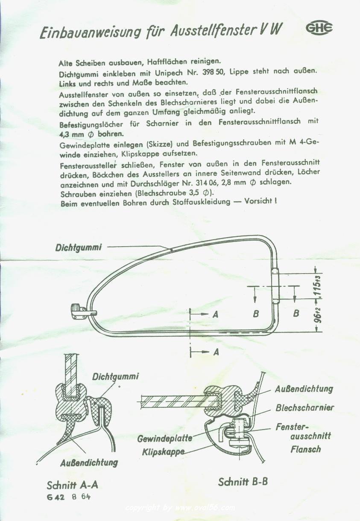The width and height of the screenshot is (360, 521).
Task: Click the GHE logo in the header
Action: coord(319,29)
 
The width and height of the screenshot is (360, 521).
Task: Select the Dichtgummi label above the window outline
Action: coord(78,247)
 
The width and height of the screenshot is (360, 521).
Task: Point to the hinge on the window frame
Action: coord(276,286)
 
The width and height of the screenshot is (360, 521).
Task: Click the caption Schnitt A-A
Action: coord(75,486)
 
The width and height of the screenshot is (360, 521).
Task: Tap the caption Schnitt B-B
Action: coord(243,482)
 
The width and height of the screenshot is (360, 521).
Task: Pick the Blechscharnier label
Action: coord(304,408)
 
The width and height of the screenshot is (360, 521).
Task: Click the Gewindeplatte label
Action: coord(164,439)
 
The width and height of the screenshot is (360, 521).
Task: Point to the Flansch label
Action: coord(305,449)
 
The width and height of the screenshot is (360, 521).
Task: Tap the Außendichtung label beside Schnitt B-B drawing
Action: coord(304,389)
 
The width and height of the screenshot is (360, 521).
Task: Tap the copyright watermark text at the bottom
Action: coord(180,508)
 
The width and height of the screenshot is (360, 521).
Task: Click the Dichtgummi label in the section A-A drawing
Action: coord(115,377)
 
